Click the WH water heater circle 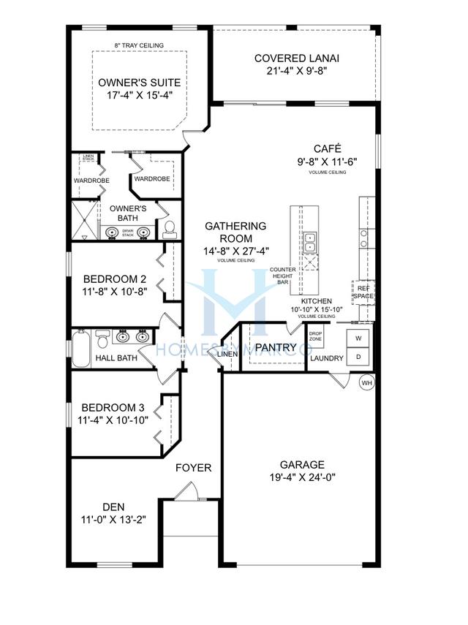(x=367, y=381)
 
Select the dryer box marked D (x=358, y=357)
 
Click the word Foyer (x=194, y=468)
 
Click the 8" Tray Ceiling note (x=139, y=45)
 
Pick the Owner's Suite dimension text (x=139, y=96)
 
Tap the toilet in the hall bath (x=103, y=338)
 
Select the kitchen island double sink (x=310, y=238)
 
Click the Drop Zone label (x=315, y=336)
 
